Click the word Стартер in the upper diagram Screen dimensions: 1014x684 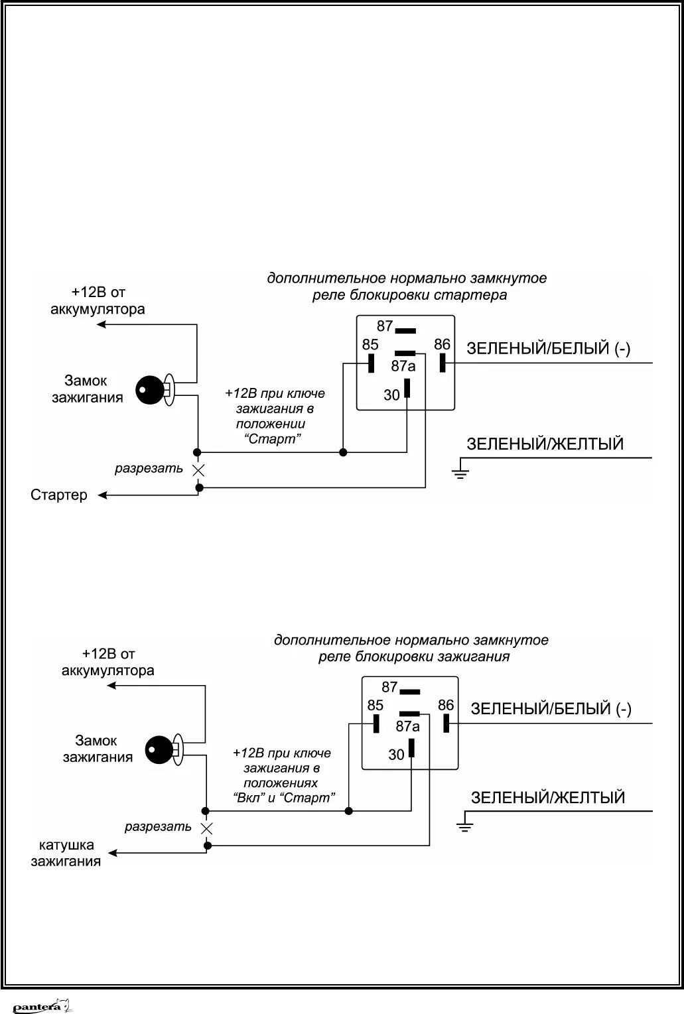pyautogui.click(x=59, y=495)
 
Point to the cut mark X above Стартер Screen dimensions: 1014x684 pyautogui.click(x=198, y=470)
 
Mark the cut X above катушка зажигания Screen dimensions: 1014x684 pyautogui.click(x=207, y=828)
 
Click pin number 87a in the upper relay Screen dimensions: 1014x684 pyautogui.click(x=403, y=366)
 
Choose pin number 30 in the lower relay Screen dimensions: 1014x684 pyautogui.click(x=396, y=755)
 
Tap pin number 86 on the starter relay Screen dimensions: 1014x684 pyautogui.click(x=442, y=345)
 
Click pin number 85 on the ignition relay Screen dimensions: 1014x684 pyautogui.click(x=375, y=705)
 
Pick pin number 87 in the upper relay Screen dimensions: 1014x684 pyautogui.click(x=385, y=326)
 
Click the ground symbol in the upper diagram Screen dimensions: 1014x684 pyautogui.click(x=460, y=472)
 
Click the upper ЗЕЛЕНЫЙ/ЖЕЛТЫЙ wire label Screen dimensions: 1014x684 pyautogui.click(x=545, y=444)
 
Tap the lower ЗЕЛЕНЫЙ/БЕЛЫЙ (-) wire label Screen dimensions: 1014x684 pyautogui.click(x=551, y=708)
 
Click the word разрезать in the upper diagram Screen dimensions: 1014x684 pyautogui.click(x=149, y=469)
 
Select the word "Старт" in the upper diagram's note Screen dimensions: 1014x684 pyautogui.click(x=273, y=439)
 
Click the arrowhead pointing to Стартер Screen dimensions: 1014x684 pyautogui.click(x=102, y=495)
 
